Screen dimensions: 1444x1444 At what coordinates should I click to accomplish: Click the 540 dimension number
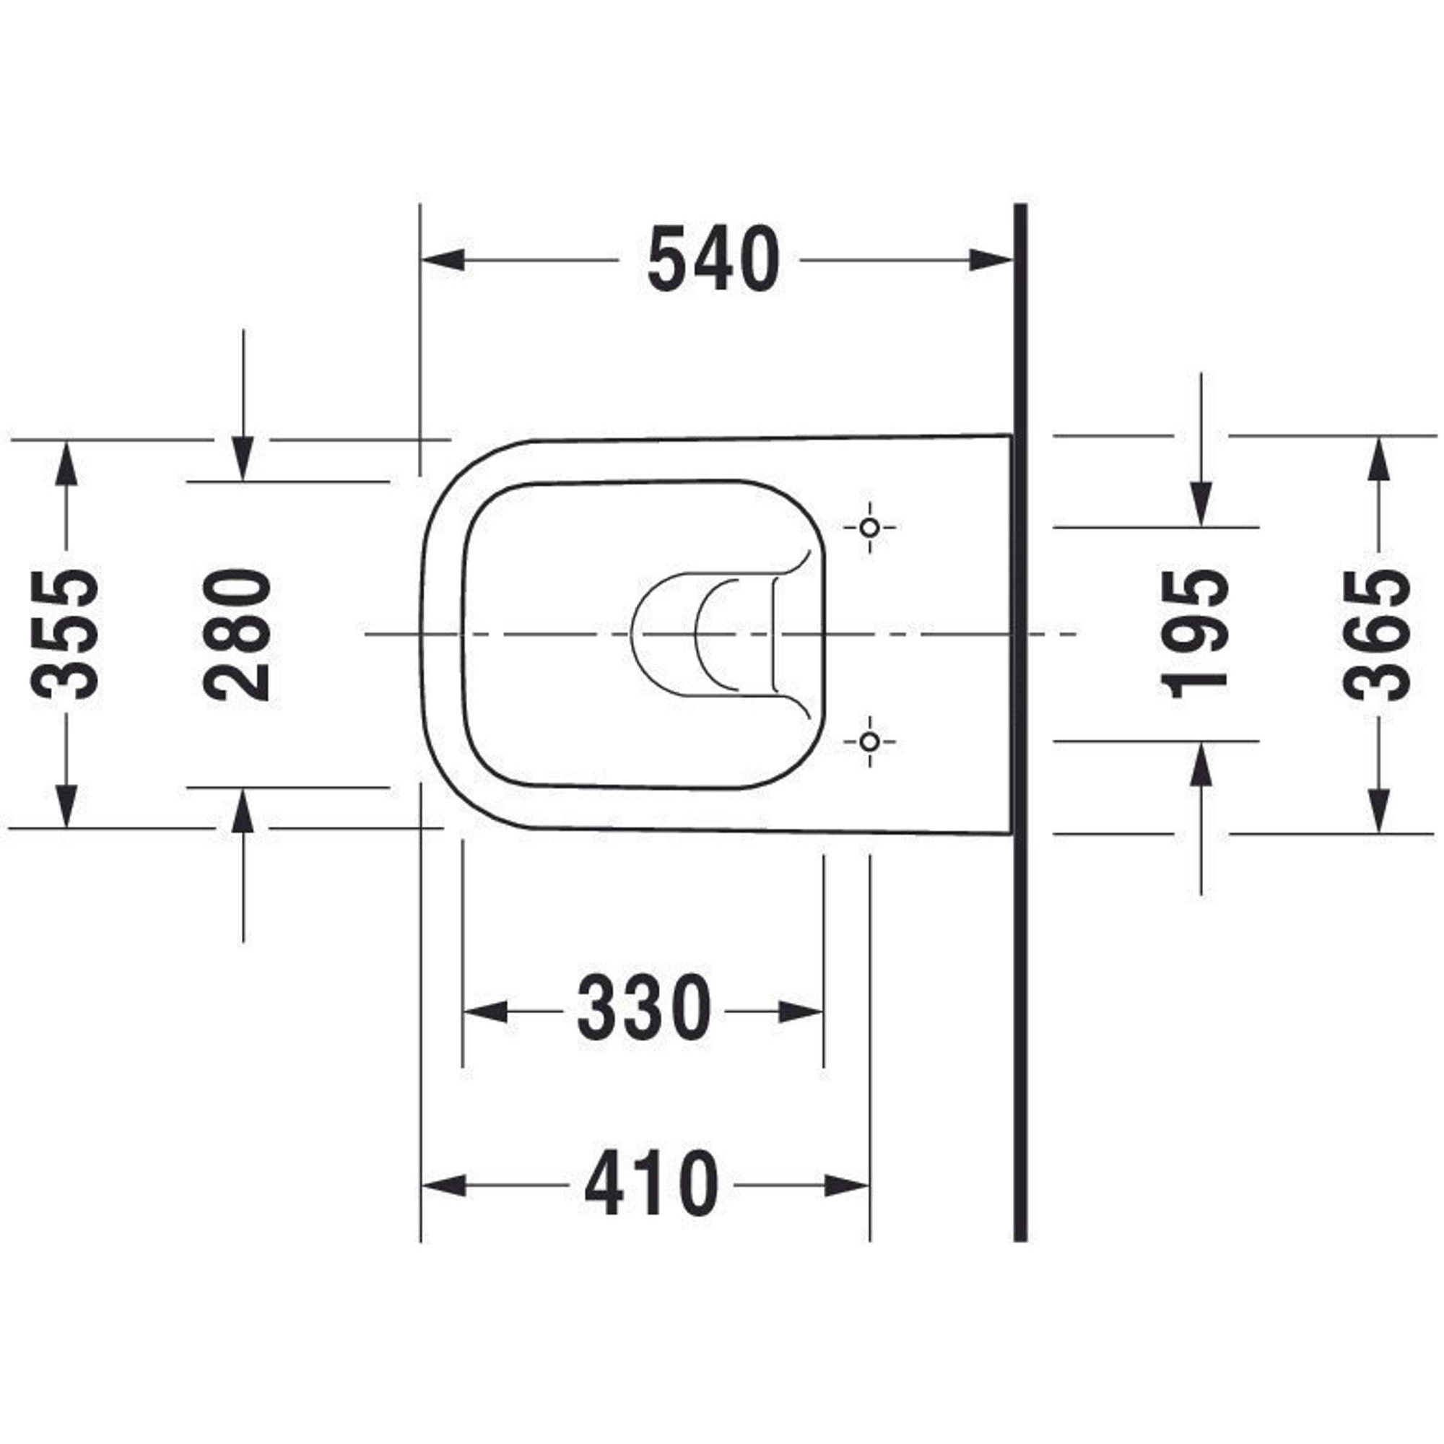(x=713, y=260)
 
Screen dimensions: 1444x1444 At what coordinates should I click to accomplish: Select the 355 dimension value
(x=66, y=635)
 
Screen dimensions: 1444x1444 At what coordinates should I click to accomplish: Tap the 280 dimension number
(x=238, y=635)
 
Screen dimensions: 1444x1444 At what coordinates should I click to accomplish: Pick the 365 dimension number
(x=1377, y=635)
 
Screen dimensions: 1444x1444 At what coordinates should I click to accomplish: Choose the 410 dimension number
(x=651, y=1184)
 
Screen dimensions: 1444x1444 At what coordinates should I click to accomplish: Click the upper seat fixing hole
(x=869, y=528)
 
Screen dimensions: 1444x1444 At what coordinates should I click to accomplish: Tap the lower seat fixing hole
(x=869, y=742)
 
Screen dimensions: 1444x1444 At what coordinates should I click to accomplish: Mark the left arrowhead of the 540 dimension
(x=444, y=260)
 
